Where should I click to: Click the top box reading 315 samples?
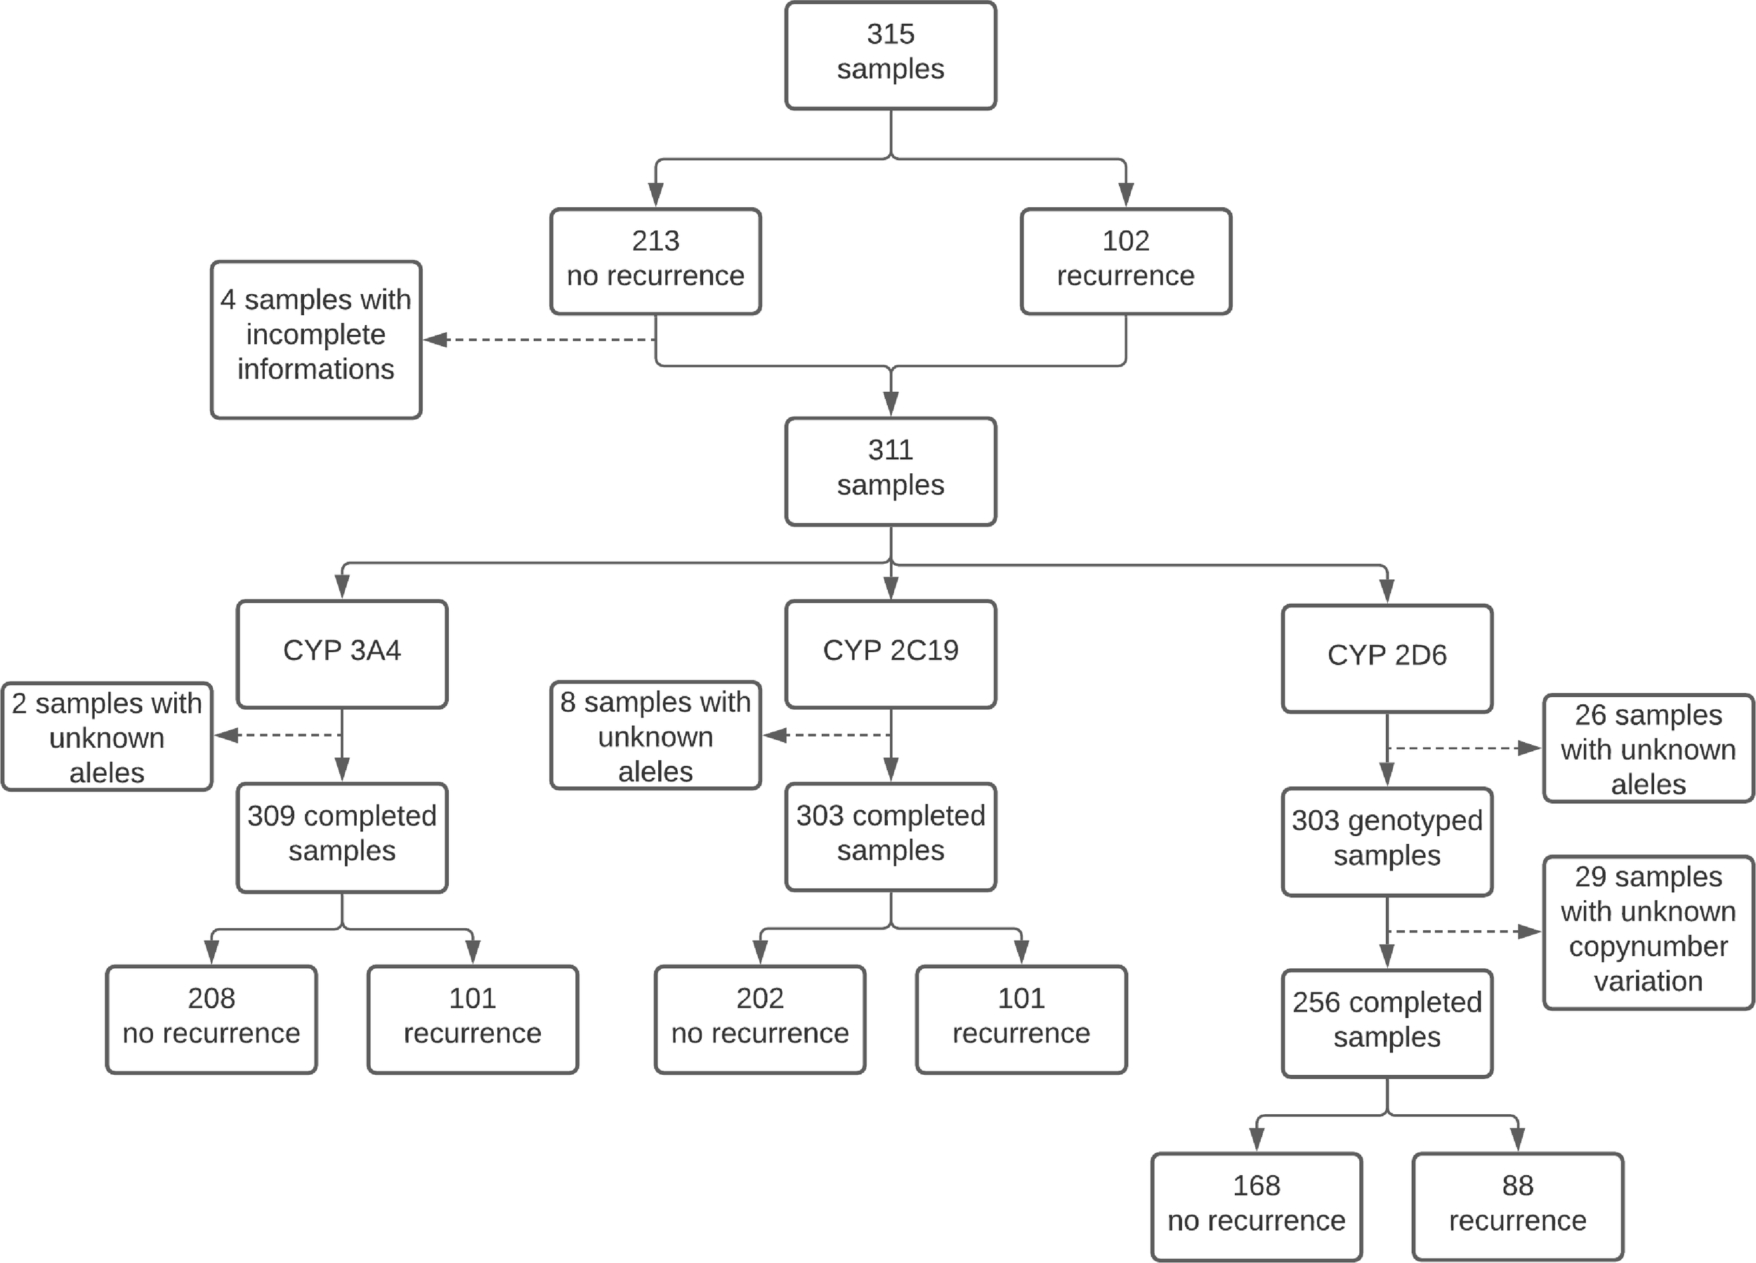pos(891,55)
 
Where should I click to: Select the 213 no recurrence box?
pos(655,260)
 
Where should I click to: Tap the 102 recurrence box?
pos(1125,260)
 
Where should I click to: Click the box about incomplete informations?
pos(316,339)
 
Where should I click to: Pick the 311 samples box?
pos(891,470)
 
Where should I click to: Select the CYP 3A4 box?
pos(341,653)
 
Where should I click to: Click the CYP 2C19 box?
pos(891,653)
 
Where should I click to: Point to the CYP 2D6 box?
pos(1387,658)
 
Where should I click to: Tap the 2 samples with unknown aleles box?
pos(107,736)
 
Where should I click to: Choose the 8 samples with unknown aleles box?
pos(655,735)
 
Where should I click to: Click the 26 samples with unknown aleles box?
pos(1648,748)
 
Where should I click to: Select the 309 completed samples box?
pos(341,837)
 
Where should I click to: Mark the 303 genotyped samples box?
pos(1387,841)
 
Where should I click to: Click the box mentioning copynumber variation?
pos(1648,932)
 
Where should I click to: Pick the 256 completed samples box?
pos(1387,1022)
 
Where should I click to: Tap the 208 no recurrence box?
pos(211,1019)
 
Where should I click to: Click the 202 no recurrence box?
pos(759,1019)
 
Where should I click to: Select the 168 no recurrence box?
pos(1256,1205)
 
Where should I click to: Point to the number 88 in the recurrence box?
pos(1516,1186)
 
